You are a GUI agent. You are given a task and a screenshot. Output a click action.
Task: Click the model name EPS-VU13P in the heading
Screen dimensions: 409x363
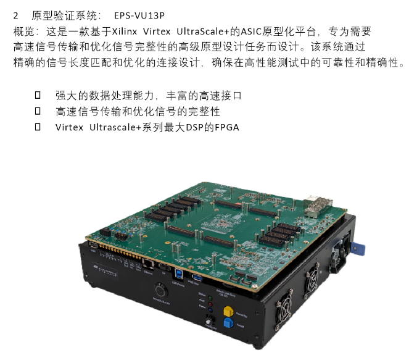139,15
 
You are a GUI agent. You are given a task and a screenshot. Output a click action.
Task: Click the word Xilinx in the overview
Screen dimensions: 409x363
125,31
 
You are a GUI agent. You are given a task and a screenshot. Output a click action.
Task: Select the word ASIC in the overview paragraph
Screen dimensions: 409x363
251,31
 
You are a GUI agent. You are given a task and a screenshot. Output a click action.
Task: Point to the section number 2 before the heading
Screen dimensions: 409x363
15,16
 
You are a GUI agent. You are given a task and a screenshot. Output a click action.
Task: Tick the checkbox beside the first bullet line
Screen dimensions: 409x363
38,95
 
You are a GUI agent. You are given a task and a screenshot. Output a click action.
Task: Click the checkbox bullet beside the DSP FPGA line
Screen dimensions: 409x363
38,127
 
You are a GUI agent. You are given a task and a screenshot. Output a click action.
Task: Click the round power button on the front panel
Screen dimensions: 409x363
161,290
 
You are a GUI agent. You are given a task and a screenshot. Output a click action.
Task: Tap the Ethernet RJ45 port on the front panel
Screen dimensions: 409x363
147,264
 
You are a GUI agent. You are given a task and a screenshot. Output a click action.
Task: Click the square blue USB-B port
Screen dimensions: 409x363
178,273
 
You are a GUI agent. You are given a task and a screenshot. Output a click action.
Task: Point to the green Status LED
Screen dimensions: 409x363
210,298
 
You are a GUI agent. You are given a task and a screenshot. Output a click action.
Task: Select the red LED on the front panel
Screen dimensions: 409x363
210,304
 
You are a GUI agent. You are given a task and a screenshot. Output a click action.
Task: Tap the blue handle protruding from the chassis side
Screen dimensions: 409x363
357,248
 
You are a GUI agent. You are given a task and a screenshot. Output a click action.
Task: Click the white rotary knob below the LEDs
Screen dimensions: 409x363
210,320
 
